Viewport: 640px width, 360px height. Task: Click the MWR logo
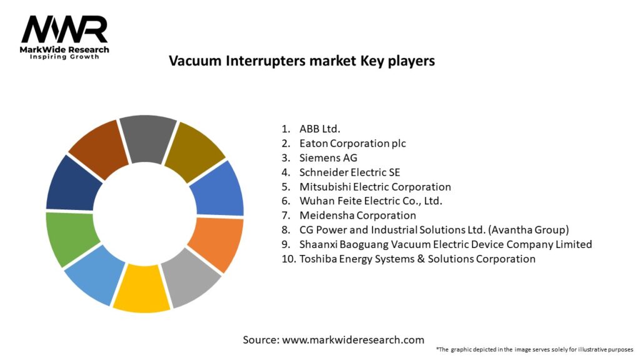coord(64,37)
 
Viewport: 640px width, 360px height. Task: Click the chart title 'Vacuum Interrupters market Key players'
coord(302,61)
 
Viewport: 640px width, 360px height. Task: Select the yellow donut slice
coord(141,288)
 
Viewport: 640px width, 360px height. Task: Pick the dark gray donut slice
coord(148,138)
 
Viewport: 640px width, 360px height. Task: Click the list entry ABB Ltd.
coord(319,129)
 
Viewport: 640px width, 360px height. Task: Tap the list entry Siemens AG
coord(328,158)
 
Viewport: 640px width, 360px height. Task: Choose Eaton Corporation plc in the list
coord(352,144)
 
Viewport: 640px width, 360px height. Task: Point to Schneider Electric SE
coord(350,172)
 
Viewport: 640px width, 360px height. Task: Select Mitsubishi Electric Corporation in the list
coord(375,187)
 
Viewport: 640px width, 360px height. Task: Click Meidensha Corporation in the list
coord(357,216)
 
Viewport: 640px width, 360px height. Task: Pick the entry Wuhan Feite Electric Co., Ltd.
coord(371,201)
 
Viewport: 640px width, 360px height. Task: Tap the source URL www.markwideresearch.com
coord(353,340)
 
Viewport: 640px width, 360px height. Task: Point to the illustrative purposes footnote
coord(535,350)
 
